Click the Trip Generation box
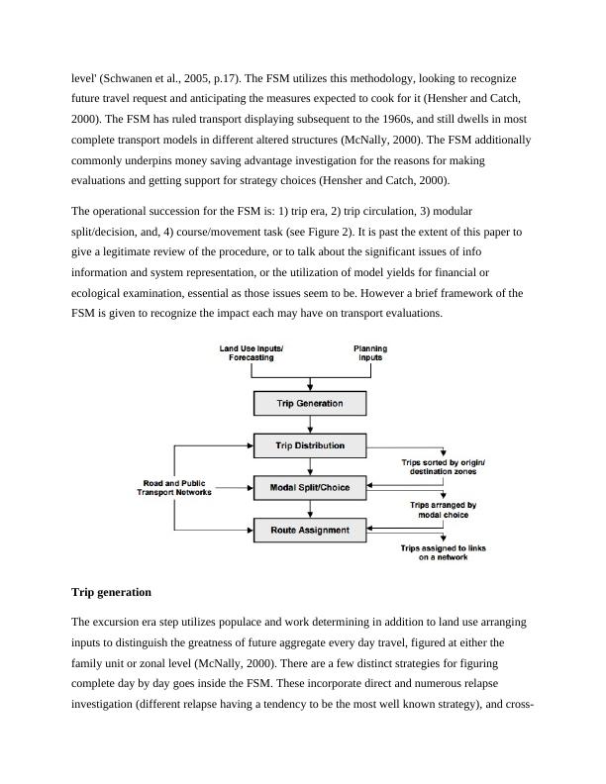(x=310, y=404)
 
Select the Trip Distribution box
(x=310, y=445)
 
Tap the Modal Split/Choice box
(x=310, y=487)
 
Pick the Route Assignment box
(x=310, y=531)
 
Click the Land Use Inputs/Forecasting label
(x=252, y=353)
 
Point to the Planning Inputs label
(x=370, y=353)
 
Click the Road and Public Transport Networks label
(x=174, y=488)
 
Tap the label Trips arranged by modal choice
(x=443, y=510)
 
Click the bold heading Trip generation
(x=111, y=592)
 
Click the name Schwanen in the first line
(x=135, y=77)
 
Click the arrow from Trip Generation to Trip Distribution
(x=310, y=425)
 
